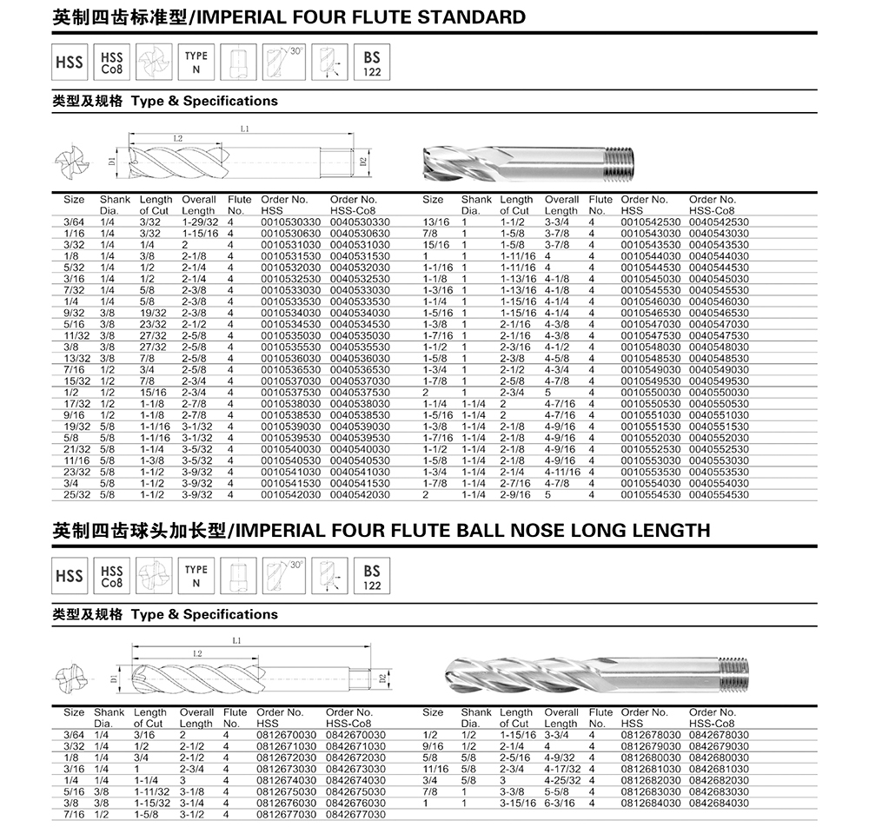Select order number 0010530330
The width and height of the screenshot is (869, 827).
pyautogui.click(x=289, y=222)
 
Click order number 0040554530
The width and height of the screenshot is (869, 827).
pyautogui.click(x=718, y=493)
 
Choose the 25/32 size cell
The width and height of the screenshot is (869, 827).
pyautogui.click(x=75, y=493)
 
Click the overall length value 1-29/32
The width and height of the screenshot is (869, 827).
pyautogui.click(x=199, y=222)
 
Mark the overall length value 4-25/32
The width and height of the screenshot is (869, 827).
pyautogui.click(x=564, y=780)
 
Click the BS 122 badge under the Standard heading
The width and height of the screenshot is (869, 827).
pyautogui.click(x=372, y=63)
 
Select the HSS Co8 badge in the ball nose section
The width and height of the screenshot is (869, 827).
pyautogui.click(x=112, y=576)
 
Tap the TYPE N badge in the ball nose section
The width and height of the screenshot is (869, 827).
pyautogui.click(x=196, y=576)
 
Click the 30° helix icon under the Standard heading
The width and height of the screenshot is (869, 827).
pyautogui.click(x=283, y=63)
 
